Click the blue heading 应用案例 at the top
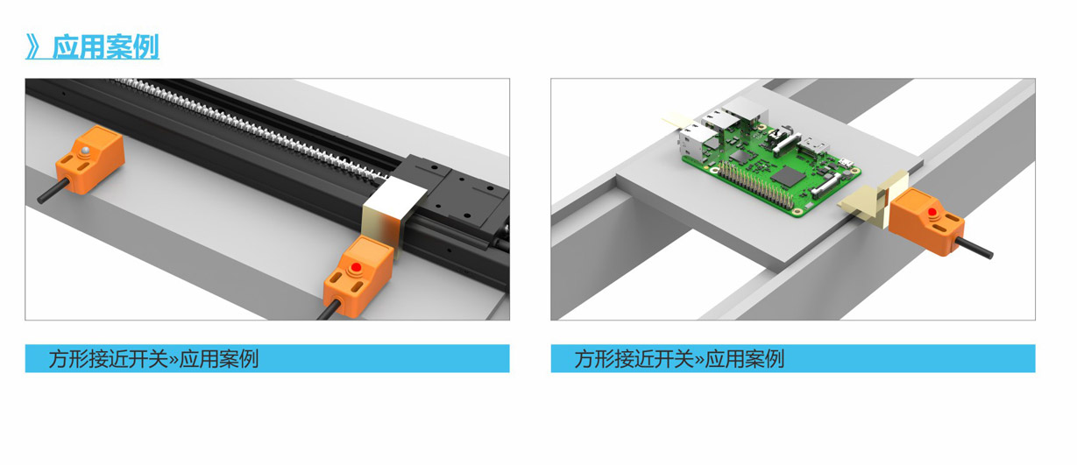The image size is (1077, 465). (105, 46)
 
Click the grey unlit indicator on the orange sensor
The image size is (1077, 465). (85, 151)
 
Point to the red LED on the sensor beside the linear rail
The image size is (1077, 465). (357, 267)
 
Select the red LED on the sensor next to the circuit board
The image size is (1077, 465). (932, 212)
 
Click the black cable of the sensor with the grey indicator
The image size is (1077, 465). (53, 191)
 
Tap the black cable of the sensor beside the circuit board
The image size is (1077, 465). (973, 248)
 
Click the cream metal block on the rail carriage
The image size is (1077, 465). (392, 208)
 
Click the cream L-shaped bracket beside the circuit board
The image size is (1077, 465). (874, 201)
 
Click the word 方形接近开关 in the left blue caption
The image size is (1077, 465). (109, 359)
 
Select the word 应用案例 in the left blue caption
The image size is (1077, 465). (219, 359)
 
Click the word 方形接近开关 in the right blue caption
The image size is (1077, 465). (634, 359)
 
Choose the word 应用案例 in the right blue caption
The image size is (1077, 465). (744, 359)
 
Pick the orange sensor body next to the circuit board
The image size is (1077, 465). (925, 222)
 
